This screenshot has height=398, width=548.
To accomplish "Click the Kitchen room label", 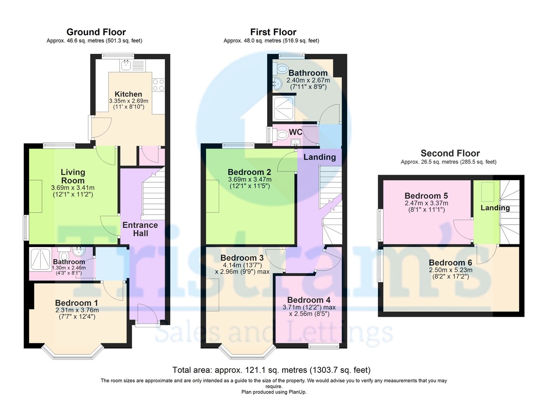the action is point(128,94).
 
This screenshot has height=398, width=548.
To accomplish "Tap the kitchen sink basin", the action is point(126,65).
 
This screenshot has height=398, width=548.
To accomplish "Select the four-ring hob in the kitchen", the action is point(158,85).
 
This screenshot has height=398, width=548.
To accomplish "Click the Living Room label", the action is point(73,176).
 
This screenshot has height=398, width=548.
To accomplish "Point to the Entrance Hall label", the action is point(140,229).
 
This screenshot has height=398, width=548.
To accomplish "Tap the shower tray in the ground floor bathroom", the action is point(40,259).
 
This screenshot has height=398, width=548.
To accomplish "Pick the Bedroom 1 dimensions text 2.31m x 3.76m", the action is point(77,310).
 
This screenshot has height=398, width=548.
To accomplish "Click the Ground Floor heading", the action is point(96,32).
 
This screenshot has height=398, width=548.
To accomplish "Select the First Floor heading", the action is point(273,32).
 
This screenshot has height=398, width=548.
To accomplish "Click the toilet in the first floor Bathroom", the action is point(281,68).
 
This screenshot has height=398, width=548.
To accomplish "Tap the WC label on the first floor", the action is point(295,132).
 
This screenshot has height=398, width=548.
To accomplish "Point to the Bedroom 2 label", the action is point(249,172).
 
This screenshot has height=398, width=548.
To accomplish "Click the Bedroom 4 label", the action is point(309,300).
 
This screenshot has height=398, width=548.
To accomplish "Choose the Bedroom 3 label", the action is point(242,258).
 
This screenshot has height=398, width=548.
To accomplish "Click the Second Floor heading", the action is point(450,153).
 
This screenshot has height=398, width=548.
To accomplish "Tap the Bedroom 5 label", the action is point(426,196).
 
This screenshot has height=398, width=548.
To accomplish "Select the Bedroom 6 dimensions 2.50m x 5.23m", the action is point(450,270).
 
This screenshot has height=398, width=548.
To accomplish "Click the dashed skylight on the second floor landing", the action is point(488,191).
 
